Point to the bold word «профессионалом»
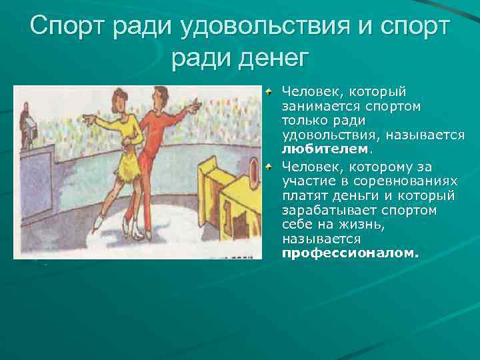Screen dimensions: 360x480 [x=349, y=253]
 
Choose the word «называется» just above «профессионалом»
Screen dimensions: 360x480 [x=321, y=239]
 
